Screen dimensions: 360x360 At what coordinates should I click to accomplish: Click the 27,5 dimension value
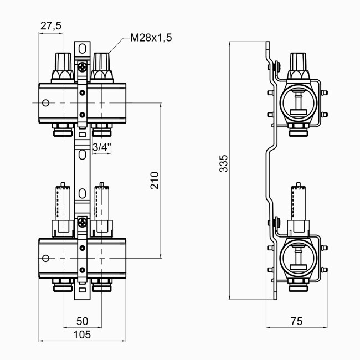(50, 25)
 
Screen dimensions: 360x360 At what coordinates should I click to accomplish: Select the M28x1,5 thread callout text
(151, 38)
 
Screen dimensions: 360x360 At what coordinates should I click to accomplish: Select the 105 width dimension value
(83, 335)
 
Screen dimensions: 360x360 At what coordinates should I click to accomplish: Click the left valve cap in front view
(63, 65)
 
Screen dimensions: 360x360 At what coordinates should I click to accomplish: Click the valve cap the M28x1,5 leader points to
(102, 65)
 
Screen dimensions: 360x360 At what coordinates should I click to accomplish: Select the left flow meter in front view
(63, 202)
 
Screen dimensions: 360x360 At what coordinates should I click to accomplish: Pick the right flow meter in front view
(102, 202)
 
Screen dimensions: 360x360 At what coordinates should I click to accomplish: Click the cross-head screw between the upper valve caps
(83, 69)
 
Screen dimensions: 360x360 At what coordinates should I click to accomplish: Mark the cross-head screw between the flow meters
(83, 224)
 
